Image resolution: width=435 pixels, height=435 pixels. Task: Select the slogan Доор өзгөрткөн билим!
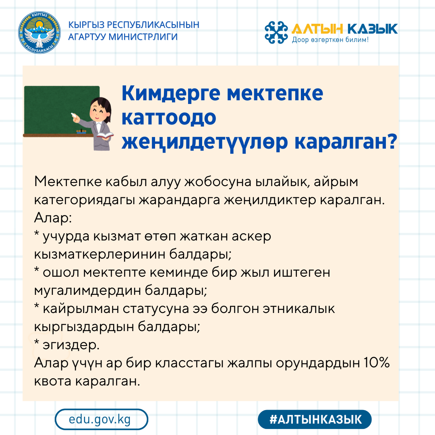pyautogui.click(x=330, y=40)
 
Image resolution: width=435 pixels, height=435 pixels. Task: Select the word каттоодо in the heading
pyautogui.click(x=169, y=118)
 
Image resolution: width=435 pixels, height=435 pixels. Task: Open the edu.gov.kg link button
pyautogui.click(x=101, y=419)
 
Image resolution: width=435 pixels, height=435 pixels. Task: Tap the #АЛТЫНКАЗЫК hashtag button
pyautogui.click(x=315, y=419)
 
